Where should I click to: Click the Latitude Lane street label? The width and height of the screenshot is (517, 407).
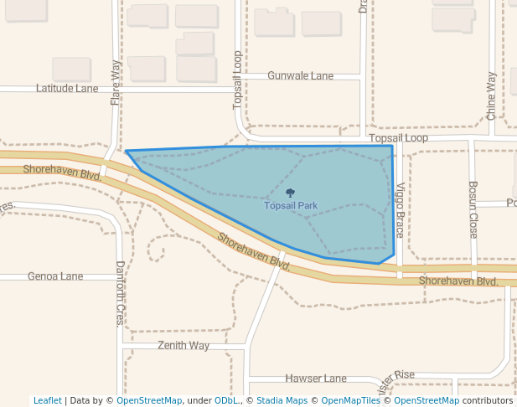[67, 88]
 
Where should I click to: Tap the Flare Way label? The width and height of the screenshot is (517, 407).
[116, 82]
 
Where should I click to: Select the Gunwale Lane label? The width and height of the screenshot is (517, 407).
[300, 75]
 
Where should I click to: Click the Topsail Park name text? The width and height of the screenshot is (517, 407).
[291, 205]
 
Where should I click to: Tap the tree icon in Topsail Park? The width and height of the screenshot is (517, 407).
[291, 193]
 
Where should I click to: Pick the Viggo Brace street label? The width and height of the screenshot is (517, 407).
[401, 210]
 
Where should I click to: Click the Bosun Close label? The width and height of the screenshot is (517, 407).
[473, 209]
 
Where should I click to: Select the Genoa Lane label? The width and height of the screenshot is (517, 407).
[55, 276]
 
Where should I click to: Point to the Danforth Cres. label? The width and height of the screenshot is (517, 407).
[120, 293]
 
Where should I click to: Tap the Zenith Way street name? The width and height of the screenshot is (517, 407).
[184, 345]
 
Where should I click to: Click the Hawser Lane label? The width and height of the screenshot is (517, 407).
[315, 379]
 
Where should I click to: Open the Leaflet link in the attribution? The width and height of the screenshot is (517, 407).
[47, 401]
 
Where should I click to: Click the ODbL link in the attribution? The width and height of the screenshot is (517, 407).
[226, 401]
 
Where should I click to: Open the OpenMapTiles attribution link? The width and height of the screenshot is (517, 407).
[350, 401]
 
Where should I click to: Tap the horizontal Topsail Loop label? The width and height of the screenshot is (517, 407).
[398, 138]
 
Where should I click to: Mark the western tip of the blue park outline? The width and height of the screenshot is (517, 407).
[127, 152]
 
